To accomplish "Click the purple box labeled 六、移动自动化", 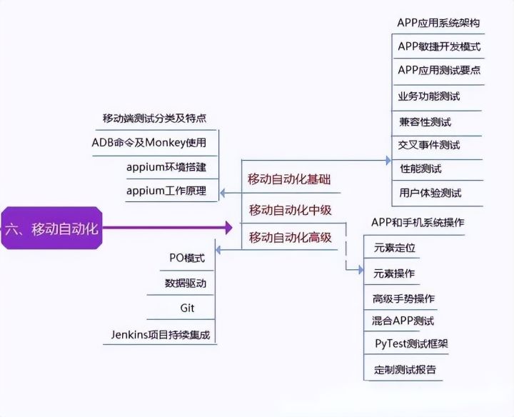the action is (51, 228).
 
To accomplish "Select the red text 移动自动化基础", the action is (289, 179).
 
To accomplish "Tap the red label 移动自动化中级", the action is (291, 210).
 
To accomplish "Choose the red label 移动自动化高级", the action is (291, 237).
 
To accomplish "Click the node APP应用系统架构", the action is (438, 22).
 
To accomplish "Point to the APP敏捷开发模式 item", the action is (439, 47).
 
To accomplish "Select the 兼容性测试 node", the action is (425, 121).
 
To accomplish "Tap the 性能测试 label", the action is (420, 169).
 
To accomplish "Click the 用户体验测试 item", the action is (430, 193).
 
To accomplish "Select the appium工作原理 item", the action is (166, 191).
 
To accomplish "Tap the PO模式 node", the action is (187, 258).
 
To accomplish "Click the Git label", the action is (187, 308).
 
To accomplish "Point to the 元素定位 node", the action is (394, 248).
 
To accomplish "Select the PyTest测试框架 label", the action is (411, 343).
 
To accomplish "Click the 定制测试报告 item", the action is (405, 370).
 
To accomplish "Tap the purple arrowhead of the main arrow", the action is (228, 228).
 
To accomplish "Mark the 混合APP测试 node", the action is (403, 321).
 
